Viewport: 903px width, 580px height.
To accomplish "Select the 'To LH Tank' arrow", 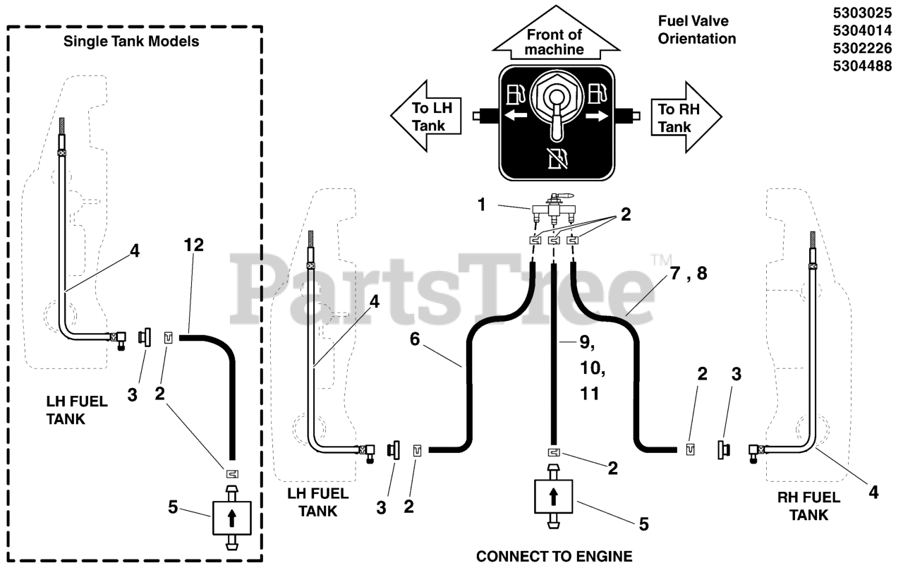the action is (x=425, y=116).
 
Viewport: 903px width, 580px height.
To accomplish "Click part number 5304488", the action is (x=862, y=66).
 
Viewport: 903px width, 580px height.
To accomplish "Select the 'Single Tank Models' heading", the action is (x=131, y=41).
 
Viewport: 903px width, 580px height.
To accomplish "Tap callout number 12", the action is (x=193, y=245).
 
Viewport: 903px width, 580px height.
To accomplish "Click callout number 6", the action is (x=415, y=339).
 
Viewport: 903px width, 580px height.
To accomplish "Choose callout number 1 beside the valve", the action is (x=481, y=205).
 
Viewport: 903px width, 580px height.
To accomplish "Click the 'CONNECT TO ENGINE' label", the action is (x=554, y=556).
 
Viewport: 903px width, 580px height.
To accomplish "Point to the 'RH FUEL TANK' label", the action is (x=808, y=506).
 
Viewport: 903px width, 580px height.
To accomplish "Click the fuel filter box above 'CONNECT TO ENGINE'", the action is (x=554, y=496).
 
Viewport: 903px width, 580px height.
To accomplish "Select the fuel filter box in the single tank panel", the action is (x=232, y=518).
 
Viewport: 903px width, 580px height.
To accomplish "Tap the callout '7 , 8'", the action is (x=689, y=273).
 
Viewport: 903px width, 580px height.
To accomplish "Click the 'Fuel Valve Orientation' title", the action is (x=696, y=30).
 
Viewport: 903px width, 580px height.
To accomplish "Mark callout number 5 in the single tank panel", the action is (x=173, y=507).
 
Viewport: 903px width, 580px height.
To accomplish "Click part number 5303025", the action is (x=862, y=13).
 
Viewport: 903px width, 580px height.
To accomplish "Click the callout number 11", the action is (x=589, y=393).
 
